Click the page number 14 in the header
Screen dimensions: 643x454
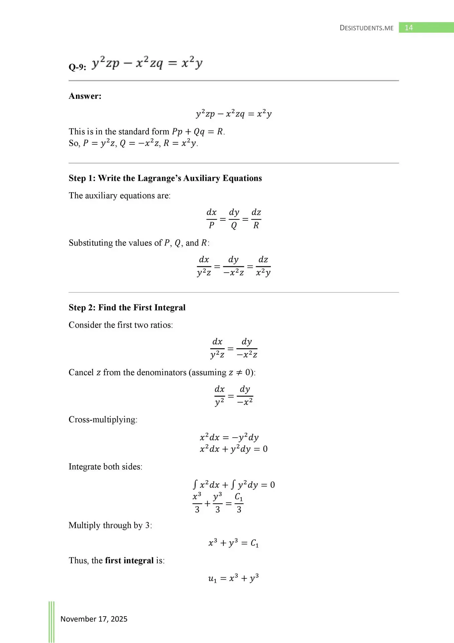coord(409,28)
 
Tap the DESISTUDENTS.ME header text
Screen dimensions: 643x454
coord(366,28)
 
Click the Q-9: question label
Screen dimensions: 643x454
coord(77,67)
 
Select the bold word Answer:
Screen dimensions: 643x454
coord(85,96)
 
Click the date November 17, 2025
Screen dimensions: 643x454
coord(94,619)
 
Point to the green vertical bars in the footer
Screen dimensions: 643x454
coord(51,622)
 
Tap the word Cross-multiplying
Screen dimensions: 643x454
coord(103,420)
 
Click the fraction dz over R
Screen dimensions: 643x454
coord(256,219)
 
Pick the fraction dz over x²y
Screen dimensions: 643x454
coord(263,266)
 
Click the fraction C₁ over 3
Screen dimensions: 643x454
coord(239,503)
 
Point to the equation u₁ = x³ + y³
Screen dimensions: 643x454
coord(233,578)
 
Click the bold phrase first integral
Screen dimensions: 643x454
coord(129,561)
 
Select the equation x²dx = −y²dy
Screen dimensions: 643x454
coord(229,437)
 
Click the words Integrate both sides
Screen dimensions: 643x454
coord(105,467)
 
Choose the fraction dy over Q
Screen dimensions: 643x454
coord(234,219)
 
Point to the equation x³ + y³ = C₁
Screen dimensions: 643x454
coord(233,543)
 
